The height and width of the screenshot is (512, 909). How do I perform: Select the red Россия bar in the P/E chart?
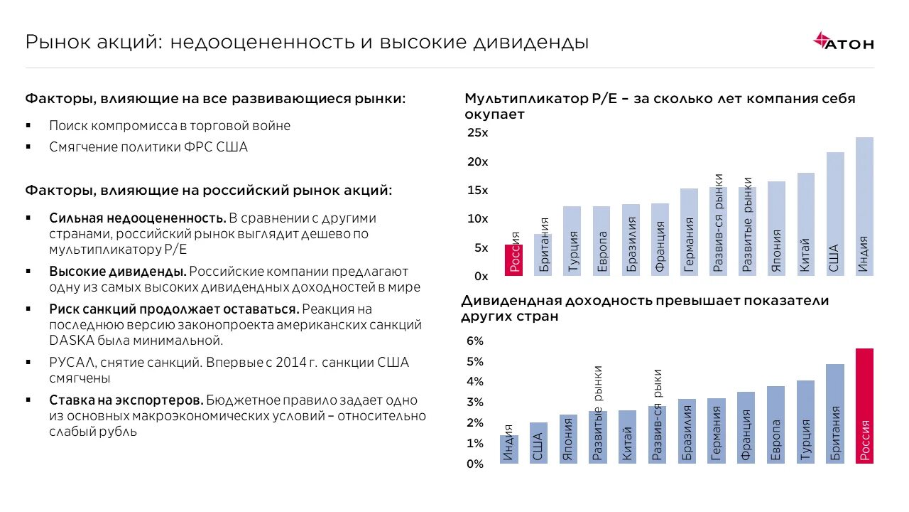point(514,260)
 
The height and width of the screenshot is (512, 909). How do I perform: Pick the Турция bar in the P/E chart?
point(572,241)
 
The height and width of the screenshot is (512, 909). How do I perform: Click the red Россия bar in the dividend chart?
point(864,406)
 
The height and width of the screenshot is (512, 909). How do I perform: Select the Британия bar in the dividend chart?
point(835,414)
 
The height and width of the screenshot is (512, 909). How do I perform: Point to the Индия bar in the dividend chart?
point(509,449)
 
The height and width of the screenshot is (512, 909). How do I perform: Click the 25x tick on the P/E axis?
point(477,133)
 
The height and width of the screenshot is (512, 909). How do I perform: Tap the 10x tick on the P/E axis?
point(477,219)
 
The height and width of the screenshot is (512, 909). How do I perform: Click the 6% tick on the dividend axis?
point(474,341)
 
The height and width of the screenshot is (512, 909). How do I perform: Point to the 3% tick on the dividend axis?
point(474,402)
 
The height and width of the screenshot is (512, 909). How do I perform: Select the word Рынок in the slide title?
point(55,43)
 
